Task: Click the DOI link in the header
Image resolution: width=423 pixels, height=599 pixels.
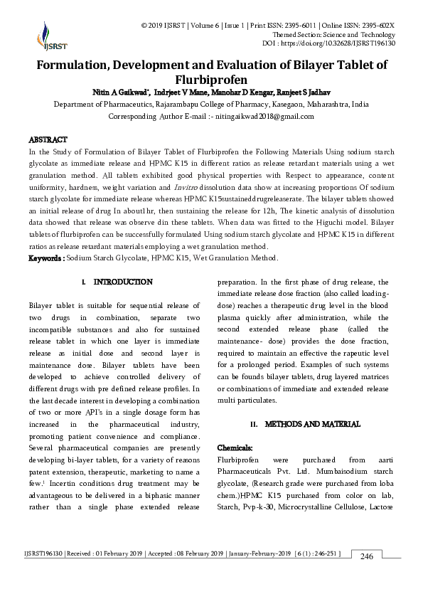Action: (x=348, y=43)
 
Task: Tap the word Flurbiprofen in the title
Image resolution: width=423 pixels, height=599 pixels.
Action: (x=211, y=79)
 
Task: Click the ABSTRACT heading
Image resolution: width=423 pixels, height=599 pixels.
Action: (x=48, y=140)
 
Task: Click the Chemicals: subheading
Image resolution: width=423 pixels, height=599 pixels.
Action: (x=235, y=447)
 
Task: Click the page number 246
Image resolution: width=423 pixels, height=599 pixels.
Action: (x=367, y=556)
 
